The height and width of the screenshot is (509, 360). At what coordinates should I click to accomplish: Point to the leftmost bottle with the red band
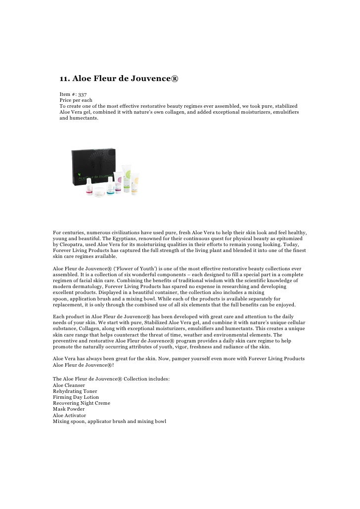pos(89,188)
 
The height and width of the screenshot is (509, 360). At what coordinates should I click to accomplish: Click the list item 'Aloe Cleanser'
pos(69,385)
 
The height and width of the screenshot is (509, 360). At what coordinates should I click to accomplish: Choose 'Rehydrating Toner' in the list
pos(75,391)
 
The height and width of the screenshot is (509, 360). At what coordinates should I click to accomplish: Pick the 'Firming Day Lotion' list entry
pos(76,397)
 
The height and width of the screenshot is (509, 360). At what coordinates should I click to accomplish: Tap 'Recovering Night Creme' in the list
pos(82,403)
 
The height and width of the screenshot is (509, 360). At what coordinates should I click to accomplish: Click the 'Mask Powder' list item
pos(69,409)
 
